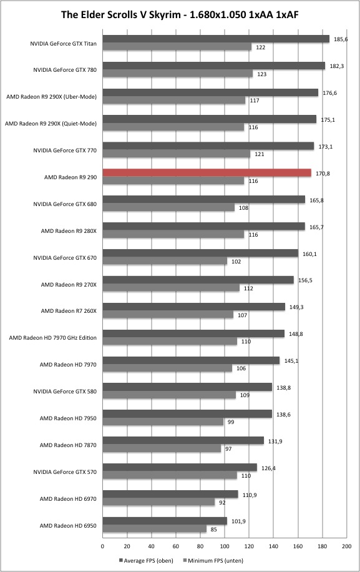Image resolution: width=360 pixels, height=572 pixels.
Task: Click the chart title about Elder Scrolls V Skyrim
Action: [180, 14]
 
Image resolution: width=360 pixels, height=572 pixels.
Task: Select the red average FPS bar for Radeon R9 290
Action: [207, 173]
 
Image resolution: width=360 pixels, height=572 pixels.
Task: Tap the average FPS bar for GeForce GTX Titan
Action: [216, 39]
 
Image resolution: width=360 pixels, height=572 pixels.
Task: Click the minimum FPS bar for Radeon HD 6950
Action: [155, 529]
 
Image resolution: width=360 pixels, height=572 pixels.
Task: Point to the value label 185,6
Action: [340, 39]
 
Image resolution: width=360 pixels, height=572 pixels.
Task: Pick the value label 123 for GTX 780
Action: [261, 74]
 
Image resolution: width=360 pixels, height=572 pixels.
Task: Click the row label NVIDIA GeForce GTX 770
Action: [65, 150]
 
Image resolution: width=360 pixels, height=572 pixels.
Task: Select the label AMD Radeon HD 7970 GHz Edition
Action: [53, 338]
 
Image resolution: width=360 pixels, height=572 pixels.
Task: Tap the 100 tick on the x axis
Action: [225, 546]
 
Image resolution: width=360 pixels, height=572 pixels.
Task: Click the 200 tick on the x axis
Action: [346, 546]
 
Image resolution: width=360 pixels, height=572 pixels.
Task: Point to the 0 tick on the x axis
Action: [103, 546]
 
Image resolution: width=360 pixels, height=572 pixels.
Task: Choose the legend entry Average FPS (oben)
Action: [146, 560]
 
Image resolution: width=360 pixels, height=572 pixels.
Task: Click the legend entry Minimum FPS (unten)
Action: [213, 560]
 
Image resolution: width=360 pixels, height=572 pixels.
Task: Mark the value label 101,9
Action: [238, 521]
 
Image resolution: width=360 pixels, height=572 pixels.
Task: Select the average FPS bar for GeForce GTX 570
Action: [180, 467]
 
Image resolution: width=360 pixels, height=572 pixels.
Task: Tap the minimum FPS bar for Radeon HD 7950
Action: [163, 422]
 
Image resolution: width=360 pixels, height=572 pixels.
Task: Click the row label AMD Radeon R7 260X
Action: [69, 311]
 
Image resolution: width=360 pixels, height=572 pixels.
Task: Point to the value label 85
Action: [214, 530]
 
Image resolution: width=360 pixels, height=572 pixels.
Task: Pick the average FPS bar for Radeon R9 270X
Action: [198, 280]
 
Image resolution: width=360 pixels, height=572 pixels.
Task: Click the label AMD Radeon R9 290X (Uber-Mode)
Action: [51, 97]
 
